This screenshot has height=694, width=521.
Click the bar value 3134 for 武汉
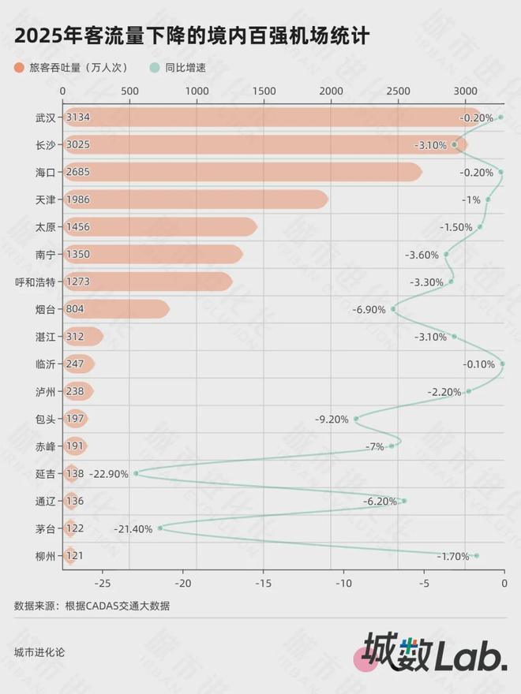coord(78,118)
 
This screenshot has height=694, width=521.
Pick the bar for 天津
coord(197,200)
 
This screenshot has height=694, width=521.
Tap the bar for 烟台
coord(118,309)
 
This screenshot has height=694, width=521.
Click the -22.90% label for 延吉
coord(109,473)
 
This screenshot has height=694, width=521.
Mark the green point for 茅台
coord(160,528)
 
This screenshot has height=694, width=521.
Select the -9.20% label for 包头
coord(332,419)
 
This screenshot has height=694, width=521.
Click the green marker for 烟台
coord(393,309)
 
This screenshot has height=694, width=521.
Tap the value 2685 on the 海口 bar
coord(78,172)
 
